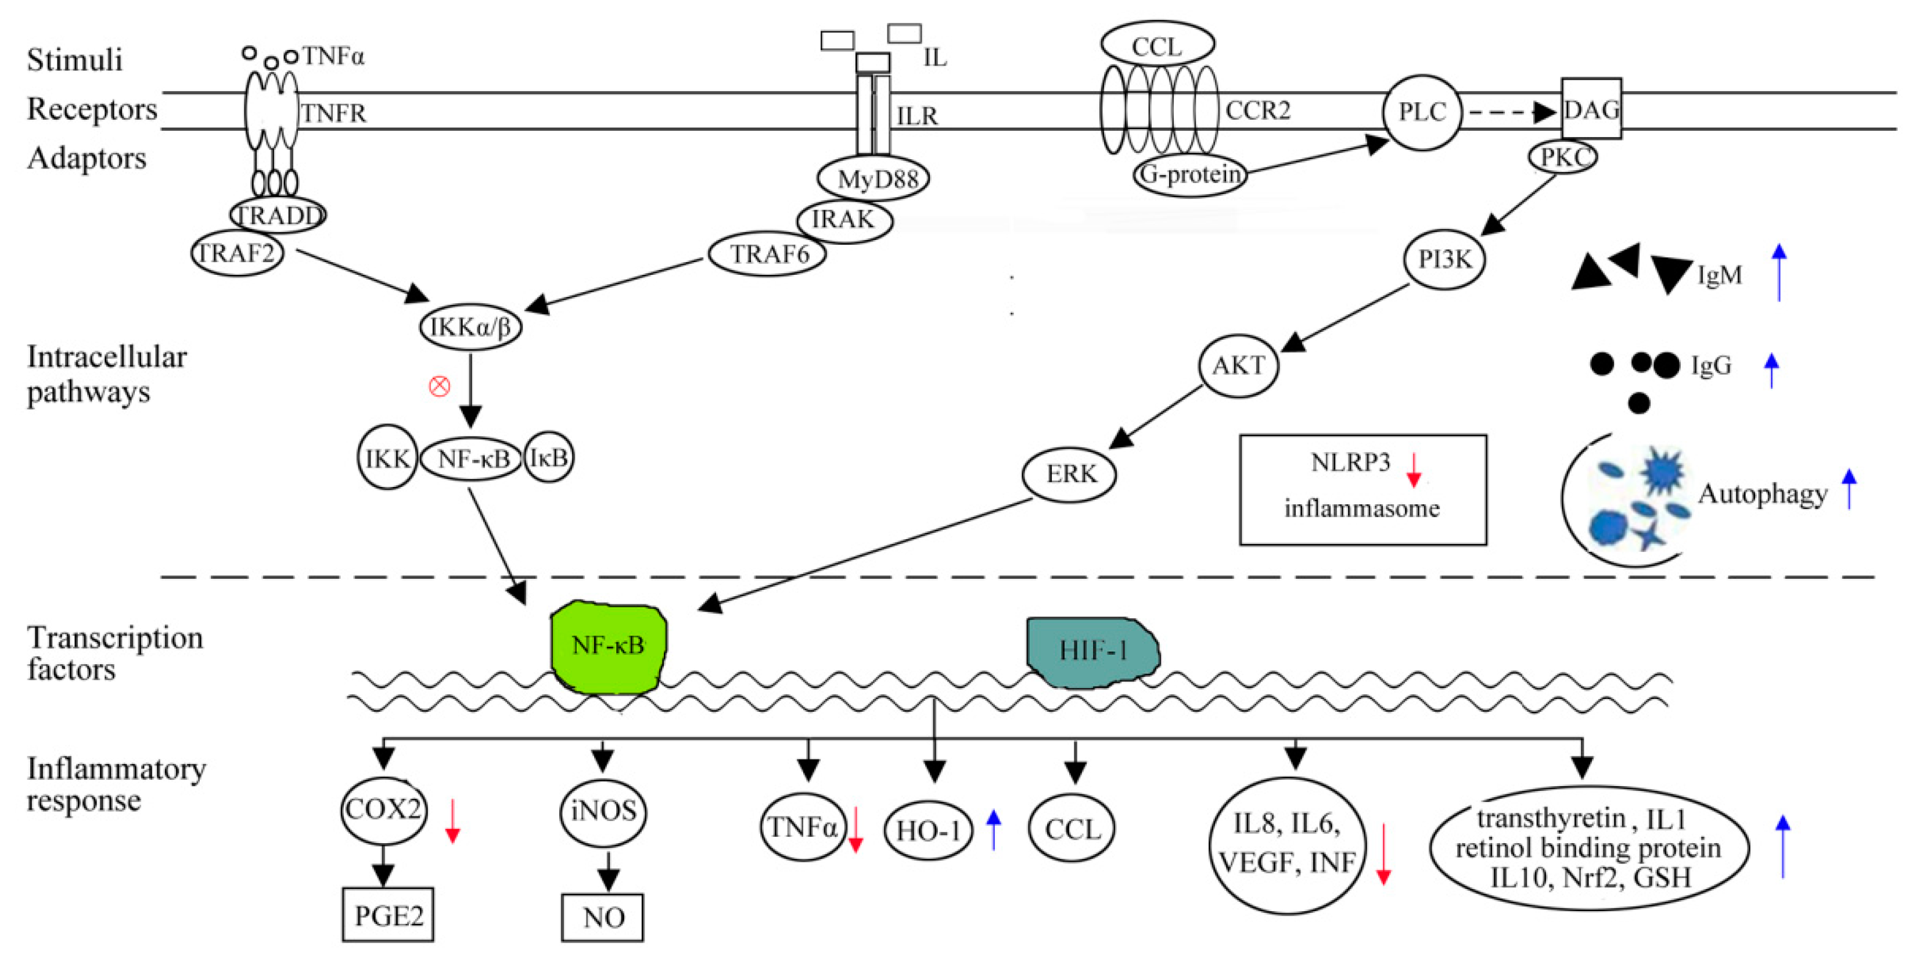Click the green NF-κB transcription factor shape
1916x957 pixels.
[607, 646]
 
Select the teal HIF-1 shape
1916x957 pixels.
[1092, 651]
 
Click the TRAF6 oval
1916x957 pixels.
[768, 255]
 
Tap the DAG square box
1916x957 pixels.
[1591, 109]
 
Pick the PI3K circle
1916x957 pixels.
[1444, 259]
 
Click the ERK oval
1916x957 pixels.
[1070, 474]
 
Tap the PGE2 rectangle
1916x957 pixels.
[387, 915]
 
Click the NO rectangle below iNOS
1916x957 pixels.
[602, 917]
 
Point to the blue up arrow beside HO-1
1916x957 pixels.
[994, 829]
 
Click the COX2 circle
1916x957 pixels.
[384, 809]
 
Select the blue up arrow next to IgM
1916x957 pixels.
[1778, 273]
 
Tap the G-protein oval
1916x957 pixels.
[1190, 175]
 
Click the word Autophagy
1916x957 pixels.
[1762, 493]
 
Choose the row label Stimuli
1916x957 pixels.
[74, 59]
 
